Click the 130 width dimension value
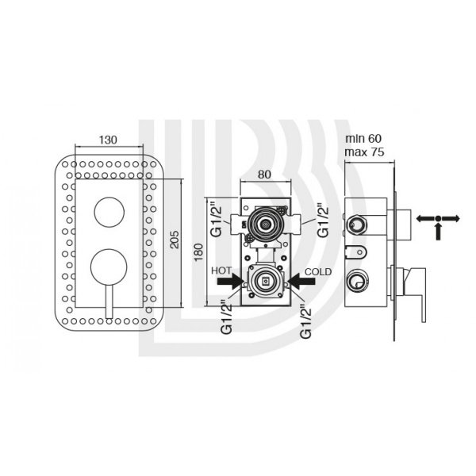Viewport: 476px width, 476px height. tap(108, 140)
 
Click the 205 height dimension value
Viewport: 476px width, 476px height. tap(175, 240)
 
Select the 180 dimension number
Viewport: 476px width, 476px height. tap(198, 252)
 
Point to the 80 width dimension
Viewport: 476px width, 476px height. tap(264, 175)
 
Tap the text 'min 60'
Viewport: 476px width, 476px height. tap(363, 139)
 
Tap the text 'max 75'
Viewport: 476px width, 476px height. tap(364, 152)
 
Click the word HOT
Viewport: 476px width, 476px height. tap(221, 271)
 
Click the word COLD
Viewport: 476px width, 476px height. tap(318, 271)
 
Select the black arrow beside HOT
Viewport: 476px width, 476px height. tap(229, 282)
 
